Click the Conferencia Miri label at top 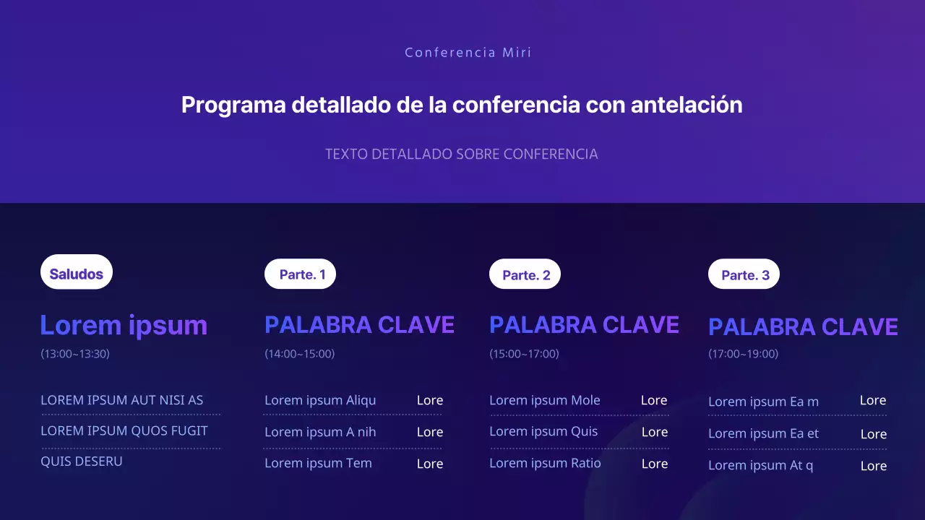click(x=468, y=53)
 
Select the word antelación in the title click(x=687, y=105)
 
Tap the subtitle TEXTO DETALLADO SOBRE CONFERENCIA click(x=462, y=154)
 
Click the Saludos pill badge click(x=77, y=273)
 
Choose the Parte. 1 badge click(x=301, y=274)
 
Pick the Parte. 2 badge click(x=525, y=274)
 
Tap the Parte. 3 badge click(x=744, y=274)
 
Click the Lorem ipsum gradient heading click(x=124, y=325)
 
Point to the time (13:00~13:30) click(x=75, y=354)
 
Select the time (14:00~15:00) click(x=300, y=354)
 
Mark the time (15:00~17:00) click(x=524, y=354)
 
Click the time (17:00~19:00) click(x=744, y=354)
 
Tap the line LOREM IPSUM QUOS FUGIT click(x=124, y=431)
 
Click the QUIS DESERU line click(x=82, y=461)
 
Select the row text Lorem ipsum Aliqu click(x=320, y=400)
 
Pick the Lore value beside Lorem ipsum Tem click(x=430, y=464)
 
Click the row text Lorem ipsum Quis click(x=543, y=431)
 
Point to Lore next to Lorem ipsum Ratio click(x=655, y=464)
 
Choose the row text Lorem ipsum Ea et click(x=763, y=433)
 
